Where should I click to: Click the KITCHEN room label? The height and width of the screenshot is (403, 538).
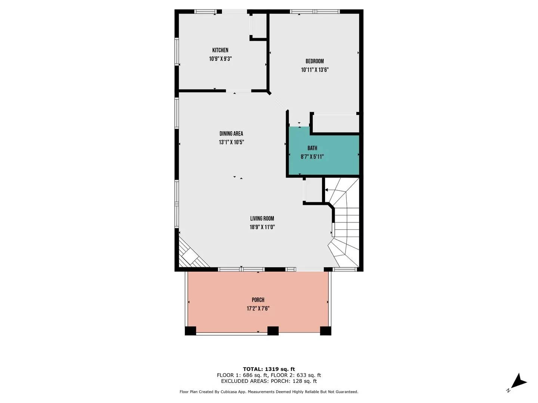click(220, 50)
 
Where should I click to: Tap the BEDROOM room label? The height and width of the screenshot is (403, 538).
click(315, 61)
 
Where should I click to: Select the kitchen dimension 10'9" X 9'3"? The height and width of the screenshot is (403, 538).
click(220, 59)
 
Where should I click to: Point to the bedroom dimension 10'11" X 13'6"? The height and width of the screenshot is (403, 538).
click(315, 70)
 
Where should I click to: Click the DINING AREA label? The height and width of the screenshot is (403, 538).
click(231, 134)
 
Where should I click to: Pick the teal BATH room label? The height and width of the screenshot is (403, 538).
click(312, 148)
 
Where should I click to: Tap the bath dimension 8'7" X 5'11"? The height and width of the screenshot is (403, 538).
click(312, 157)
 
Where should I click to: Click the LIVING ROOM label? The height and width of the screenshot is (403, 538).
click(262, 219)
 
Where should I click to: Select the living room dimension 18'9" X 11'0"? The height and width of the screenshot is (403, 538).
click(262, 227)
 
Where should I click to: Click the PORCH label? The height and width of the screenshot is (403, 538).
click(258, 300)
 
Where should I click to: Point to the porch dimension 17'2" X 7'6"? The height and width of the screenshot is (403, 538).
click(258, 309)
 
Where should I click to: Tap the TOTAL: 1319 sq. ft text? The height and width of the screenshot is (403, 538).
click(269, 369)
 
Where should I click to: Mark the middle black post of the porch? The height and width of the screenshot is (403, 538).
click(273, 331)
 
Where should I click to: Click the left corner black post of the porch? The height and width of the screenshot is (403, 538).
click(190, 331)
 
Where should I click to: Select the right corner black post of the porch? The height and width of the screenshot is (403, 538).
click(325, 331)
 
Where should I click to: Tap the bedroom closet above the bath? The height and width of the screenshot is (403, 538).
click(335, 123)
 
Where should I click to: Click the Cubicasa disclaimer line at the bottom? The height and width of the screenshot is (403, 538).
click(269, 392)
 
